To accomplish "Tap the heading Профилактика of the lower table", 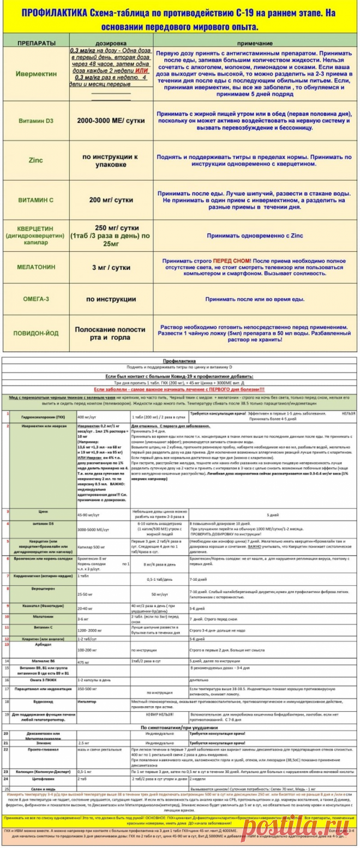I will [x=179, y=362].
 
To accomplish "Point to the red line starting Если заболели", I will [x=179, y=389].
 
